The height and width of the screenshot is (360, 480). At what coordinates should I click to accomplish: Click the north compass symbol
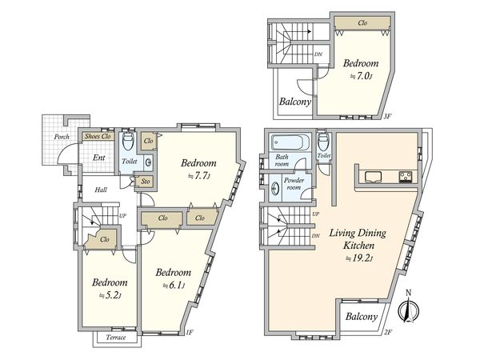[408, 307]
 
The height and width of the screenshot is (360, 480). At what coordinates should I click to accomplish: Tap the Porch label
[62, 137]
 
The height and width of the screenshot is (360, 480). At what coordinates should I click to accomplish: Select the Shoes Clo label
[98, 136]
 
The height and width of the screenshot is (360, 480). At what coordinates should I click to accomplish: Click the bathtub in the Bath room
[288, 142]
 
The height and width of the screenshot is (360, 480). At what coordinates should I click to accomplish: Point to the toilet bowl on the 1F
[128, 141]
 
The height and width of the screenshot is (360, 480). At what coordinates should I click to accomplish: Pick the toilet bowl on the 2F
[323, 141]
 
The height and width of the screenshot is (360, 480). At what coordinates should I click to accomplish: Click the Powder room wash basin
[275, 189]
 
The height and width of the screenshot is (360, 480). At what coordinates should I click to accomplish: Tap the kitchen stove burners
[406, 177]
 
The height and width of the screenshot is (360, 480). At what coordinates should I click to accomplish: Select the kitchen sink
[373, 177]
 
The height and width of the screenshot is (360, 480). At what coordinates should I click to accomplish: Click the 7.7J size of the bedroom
[198, 176]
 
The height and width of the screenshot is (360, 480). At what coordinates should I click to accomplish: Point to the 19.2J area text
[358, 258]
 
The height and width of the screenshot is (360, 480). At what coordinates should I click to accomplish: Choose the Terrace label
[116, 338]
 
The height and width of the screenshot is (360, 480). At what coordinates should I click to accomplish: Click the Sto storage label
[146, 182]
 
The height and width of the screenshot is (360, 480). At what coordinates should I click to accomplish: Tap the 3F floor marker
[388, 116]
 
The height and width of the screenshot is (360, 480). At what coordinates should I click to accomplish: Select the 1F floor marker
[189, 332]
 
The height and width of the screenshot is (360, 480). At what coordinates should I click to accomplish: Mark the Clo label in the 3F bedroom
[362, 22]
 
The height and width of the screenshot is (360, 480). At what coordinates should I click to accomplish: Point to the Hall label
[101, 190]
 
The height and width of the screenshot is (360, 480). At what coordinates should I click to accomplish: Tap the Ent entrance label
[99, 158]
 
